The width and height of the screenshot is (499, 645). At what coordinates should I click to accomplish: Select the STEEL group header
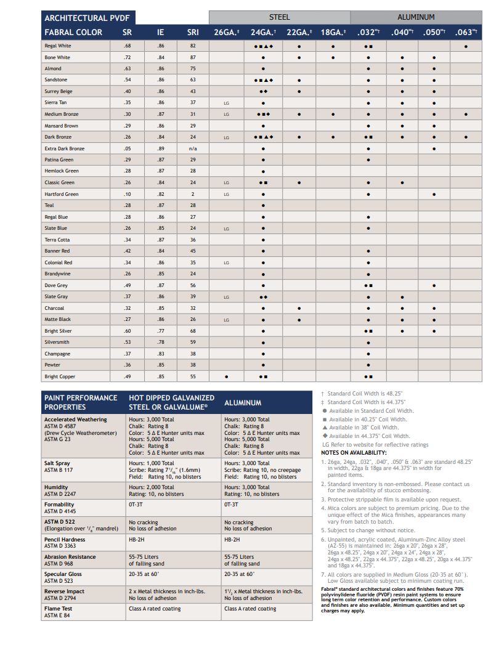(279, 17)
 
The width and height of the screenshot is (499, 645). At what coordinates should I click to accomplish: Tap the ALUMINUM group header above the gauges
(416, 17)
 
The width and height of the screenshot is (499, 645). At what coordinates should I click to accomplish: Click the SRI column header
(193, 32)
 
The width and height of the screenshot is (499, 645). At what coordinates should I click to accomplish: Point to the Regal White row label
(58, 46)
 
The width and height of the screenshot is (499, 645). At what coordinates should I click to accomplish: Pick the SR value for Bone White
(127, 57)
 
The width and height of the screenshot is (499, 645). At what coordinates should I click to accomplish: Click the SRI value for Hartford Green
(193, 194)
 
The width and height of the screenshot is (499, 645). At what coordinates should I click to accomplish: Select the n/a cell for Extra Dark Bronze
(193, 148)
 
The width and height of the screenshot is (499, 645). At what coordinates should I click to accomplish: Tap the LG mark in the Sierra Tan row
(226, 103)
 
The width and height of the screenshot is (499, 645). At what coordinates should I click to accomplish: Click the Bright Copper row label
(60, 376)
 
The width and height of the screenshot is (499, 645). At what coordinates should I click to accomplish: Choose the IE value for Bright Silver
(161, 331)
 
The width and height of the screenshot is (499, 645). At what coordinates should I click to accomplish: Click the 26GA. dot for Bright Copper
(226, 376)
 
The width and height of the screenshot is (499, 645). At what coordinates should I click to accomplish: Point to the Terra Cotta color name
(57, 240)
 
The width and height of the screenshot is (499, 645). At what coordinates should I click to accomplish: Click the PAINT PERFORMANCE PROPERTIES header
(81, 402)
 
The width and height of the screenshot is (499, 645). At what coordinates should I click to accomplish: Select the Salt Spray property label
(57, 463)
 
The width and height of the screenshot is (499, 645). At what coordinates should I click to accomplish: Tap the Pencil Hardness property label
(65, 539)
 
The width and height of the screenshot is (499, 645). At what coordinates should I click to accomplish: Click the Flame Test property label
(59, 608)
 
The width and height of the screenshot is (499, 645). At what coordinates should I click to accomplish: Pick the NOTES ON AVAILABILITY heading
(354, 453)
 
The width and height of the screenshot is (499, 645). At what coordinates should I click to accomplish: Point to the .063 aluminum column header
(466, 32)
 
